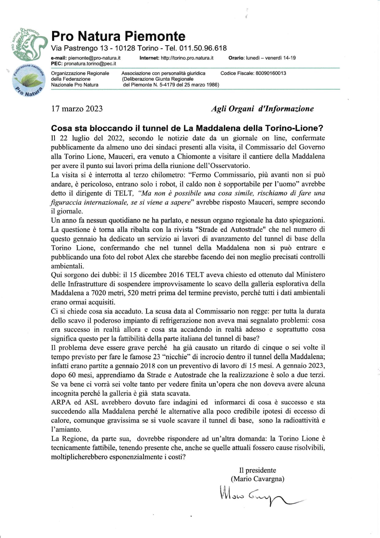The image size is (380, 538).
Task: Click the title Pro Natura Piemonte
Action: [118, 36]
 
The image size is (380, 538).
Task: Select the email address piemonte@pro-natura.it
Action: [94, 58]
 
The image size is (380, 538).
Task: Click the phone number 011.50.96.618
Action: [203, 48]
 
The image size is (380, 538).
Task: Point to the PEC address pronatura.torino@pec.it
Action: [90, 63]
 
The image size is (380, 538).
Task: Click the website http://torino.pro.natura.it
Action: [187, 58]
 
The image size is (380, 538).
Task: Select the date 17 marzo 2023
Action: [77, 109]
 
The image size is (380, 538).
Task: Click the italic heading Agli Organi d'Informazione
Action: [262, 109]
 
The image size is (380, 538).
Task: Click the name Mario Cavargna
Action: [257, 479]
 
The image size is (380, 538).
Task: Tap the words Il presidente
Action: [257, 470]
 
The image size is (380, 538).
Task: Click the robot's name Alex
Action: [152, 257]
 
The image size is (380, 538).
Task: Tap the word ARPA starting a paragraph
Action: [61, 402]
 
